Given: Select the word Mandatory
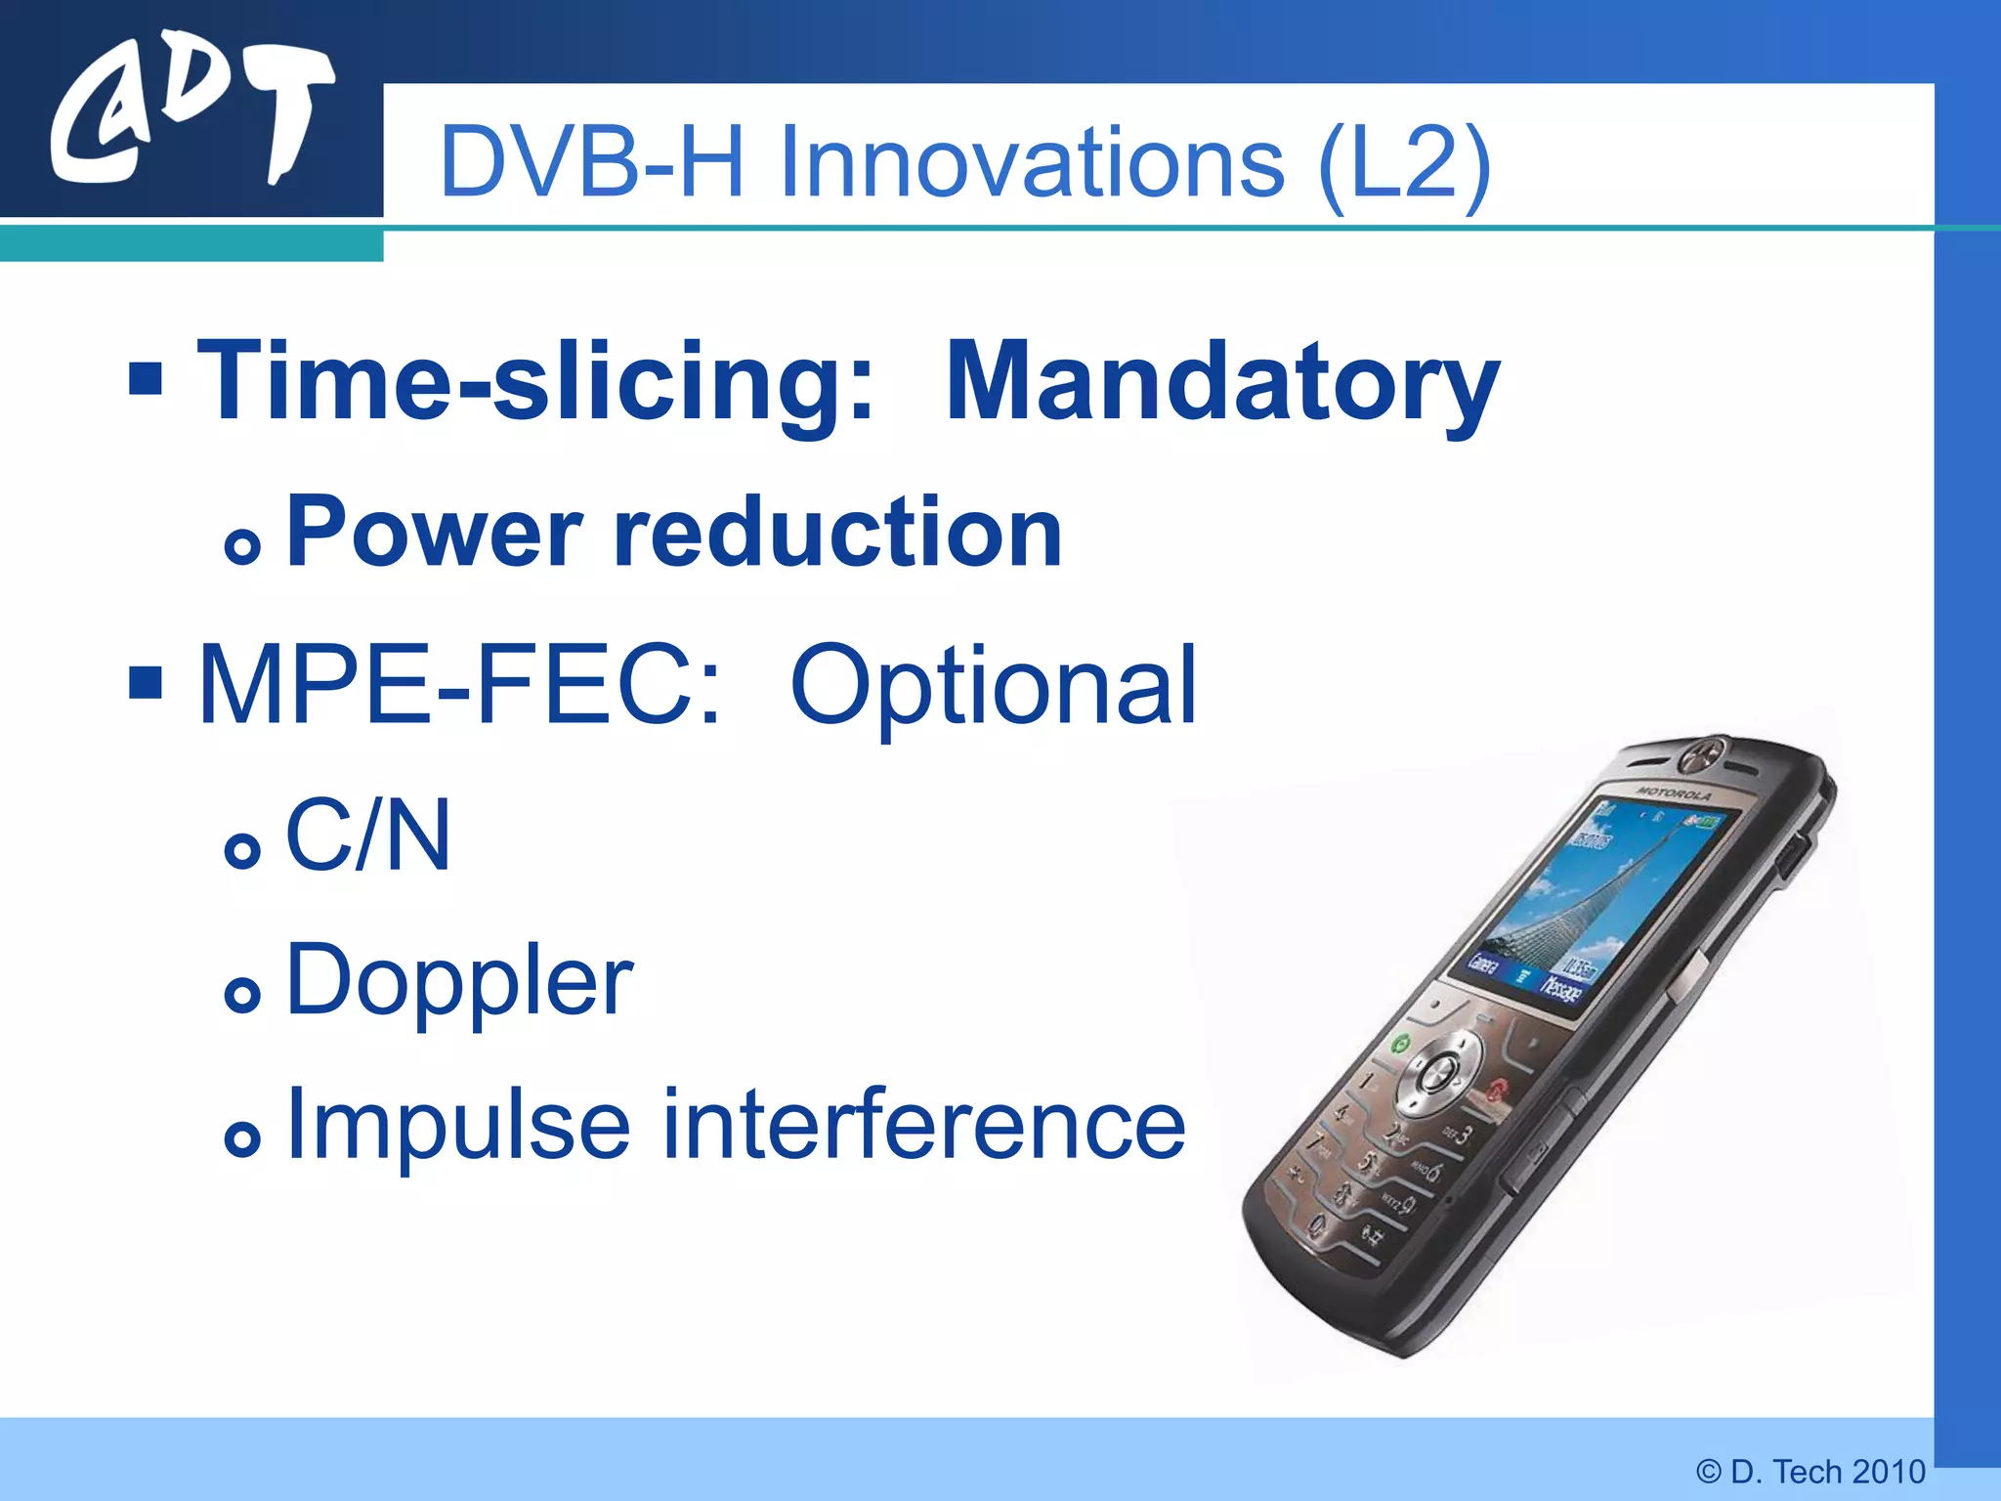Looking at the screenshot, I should (x=1221, y=383).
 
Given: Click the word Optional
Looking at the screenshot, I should (x=993, y=686).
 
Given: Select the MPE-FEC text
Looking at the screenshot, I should (x=459, y=686).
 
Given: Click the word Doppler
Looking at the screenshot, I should (x=459, y=981).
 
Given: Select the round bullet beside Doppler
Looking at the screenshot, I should (x=242, y=995).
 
